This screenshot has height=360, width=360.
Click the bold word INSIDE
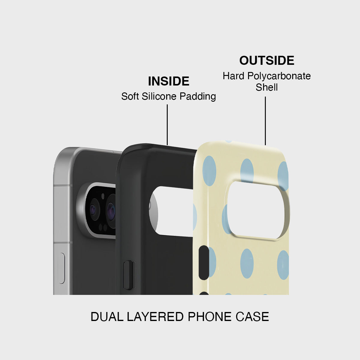pos(169,81)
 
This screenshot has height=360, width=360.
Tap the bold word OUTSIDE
pos(267,61)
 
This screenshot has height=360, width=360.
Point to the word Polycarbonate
pos(279,76)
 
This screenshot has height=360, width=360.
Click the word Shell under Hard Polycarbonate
pos(267,87)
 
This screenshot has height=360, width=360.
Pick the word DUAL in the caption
pos(107,317)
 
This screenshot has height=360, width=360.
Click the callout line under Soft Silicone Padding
pos(167,125)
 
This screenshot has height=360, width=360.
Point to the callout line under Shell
pos(265,121)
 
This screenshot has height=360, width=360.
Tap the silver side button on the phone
pos(61,268)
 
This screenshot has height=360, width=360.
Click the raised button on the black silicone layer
pos(130,275)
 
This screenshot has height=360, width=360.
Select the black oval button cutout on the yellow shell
pos(204,262)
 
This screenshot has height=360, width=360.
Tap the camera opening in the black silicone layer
pos(173,211)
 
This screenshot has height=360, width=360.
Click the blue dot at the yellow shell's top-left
pos(209,171)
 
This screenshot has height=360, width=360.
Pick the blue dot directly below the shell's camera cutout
pos(247,263)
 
